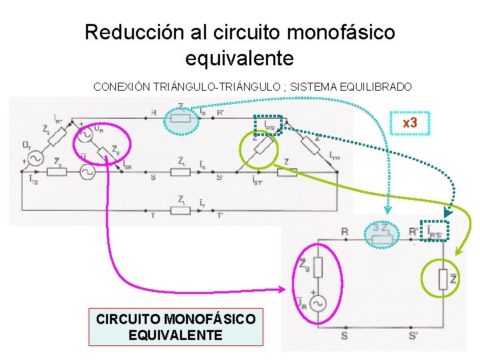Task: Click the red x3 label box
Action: pyautogui.click(x=409, y=123)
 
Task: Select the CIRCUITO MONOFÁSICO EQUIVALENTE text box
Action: pyautogui.click(x=175, y=327)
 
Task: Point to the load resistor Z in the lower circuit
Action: pyautogui.click(x=443, y=279)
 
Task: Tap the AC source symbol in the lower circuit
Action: pyautogui.click(x=317, y=303)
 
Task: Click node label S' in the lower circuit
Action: pyautogui.click(x=413, y=335)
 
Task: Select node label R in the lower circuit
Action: pyautogui.click(x=344, y=231)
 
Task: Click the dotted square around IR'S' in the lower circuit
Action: pyautogui.click(x=435, y=229)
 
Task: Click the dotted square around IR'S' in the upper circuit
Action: pyautogui.click(x=269, y=124)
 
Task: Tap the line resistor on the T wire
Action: pyautogui.click(x=181, y=211)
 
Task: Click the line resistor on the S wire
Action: pyautogui.click(x=181, y=171)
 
